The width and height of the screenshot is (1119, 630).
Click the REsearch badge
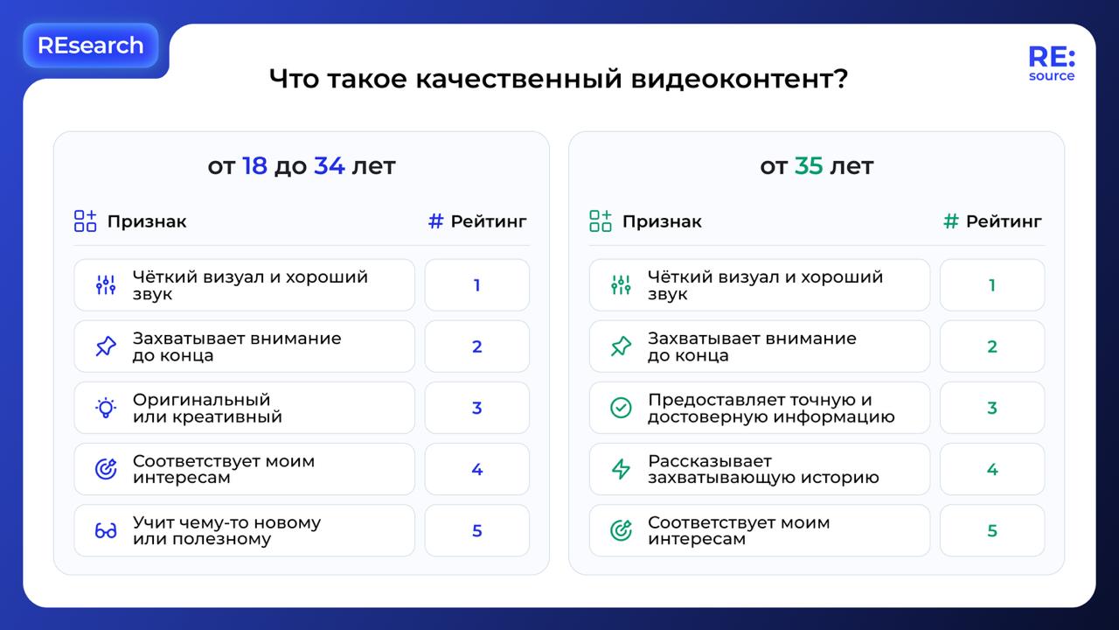[x=90, y=45]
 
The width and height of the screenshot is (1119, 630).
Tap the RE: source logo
[x=1052, y=64]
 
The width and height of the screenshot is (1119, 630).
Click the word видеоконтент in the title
[x=740, y=79]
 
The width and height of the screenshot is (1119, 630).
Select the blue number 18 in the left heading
[x=254, y=166]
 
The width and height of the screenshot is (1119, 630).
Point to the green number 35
[x=809, y=166]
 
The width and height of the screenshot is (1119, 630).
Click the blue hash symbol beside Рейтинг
[x=435, y=221]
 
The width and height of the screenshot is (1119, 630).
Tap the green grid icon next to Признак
[x=601, y=221]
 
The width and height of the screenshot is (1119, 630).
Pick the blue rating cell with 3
[x=477, y=408]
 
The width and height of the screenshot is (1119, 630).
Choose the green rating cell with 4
[x=992, y=470]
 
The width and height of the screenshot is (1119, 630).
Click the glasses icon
[x=106, y=530]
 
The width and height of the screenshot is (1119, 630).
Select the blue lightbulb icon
[x=106, y=408]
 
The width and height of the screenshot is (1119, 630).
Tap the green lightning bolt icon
[x=621, y=470]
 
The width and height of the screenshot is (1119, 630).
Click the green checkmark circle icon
[x=621, y=408]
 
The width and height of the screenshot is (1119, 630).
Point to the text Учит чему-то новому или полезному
[x=226, y=530]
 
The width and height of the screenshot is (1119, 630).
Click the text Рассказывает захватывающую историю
[x=763, y=470]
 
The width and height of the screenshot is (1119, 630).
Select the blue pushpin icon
[x=106, y=346]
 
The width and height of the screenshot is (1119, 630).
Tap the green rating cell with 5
[x=992, y=530]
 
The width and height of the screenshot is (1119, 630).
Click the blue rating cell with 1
[x=477, y=285]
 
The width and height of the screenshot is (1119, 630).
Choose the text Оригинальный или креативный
[x=207, y=408]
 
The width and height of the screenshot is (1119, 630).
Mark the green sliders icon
[x=621, y=285]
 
